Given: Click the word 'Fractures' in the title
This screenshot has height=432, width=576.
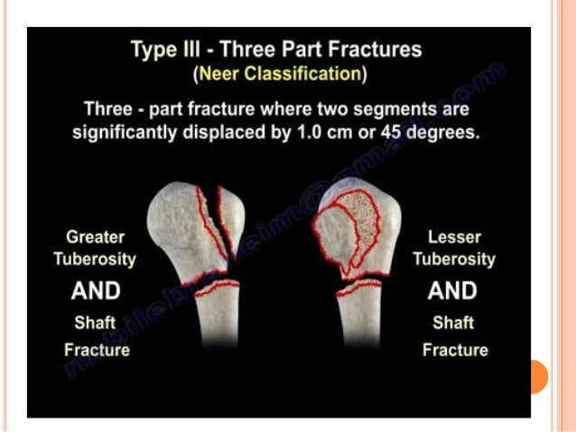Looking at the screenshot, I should coord(371,49).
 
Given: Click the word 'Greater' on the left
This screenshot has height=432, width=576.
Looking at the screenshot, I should coord(97,236).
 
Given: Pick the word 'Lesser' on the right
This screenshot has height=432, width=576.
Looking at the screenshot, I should coord(454,236).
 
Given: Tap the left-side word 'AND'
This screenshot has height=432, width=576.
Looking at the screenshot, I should coord(96,290).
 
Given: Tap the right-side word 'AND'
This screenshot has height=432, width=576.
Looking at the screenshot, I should coord(452,290).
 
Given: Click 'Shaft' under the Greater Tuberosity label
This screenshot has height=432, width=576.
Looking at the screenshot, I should coord(96,322).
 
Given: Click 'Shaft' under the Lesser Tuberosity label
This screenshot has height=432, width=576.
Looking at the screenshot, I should coord(453,322).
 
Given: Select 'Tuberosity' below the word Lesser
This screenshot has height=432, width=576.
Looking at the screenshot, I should coord(454,259).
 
